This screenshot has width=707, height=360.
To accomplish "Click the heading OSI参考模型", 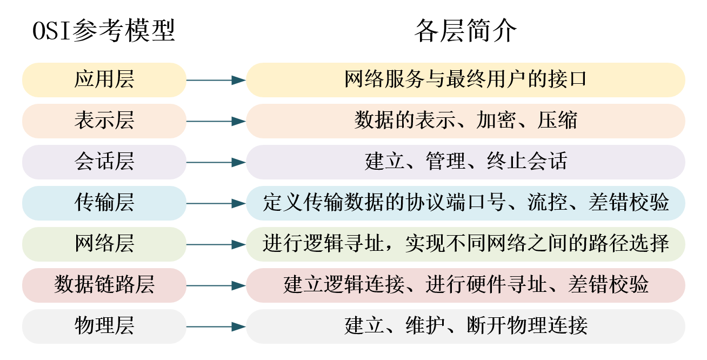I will coord(104,31).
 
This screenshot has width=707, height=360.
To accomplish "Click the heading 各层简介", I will coord(465,31).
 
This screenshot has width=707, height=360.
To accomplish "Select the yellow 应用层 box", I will coord(104,80).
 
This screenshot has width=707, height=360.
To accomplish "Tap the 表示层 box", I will coord(104,121).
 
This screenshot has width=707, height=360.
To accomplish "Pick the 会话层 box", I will coord(104,162).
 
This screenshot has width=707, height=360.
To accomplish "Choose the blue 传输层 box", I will coord(104,203).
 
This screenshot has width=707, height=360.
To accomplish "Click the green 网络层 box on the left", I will coord(104,244).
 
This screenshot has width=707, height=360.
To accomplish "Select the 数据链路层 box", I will coord(104,285).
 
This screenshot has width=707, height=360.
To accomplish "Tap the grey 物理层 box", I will coord(104,326).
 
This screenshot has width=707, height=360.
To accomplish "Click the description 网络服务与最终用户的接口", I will coord(465,80).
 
